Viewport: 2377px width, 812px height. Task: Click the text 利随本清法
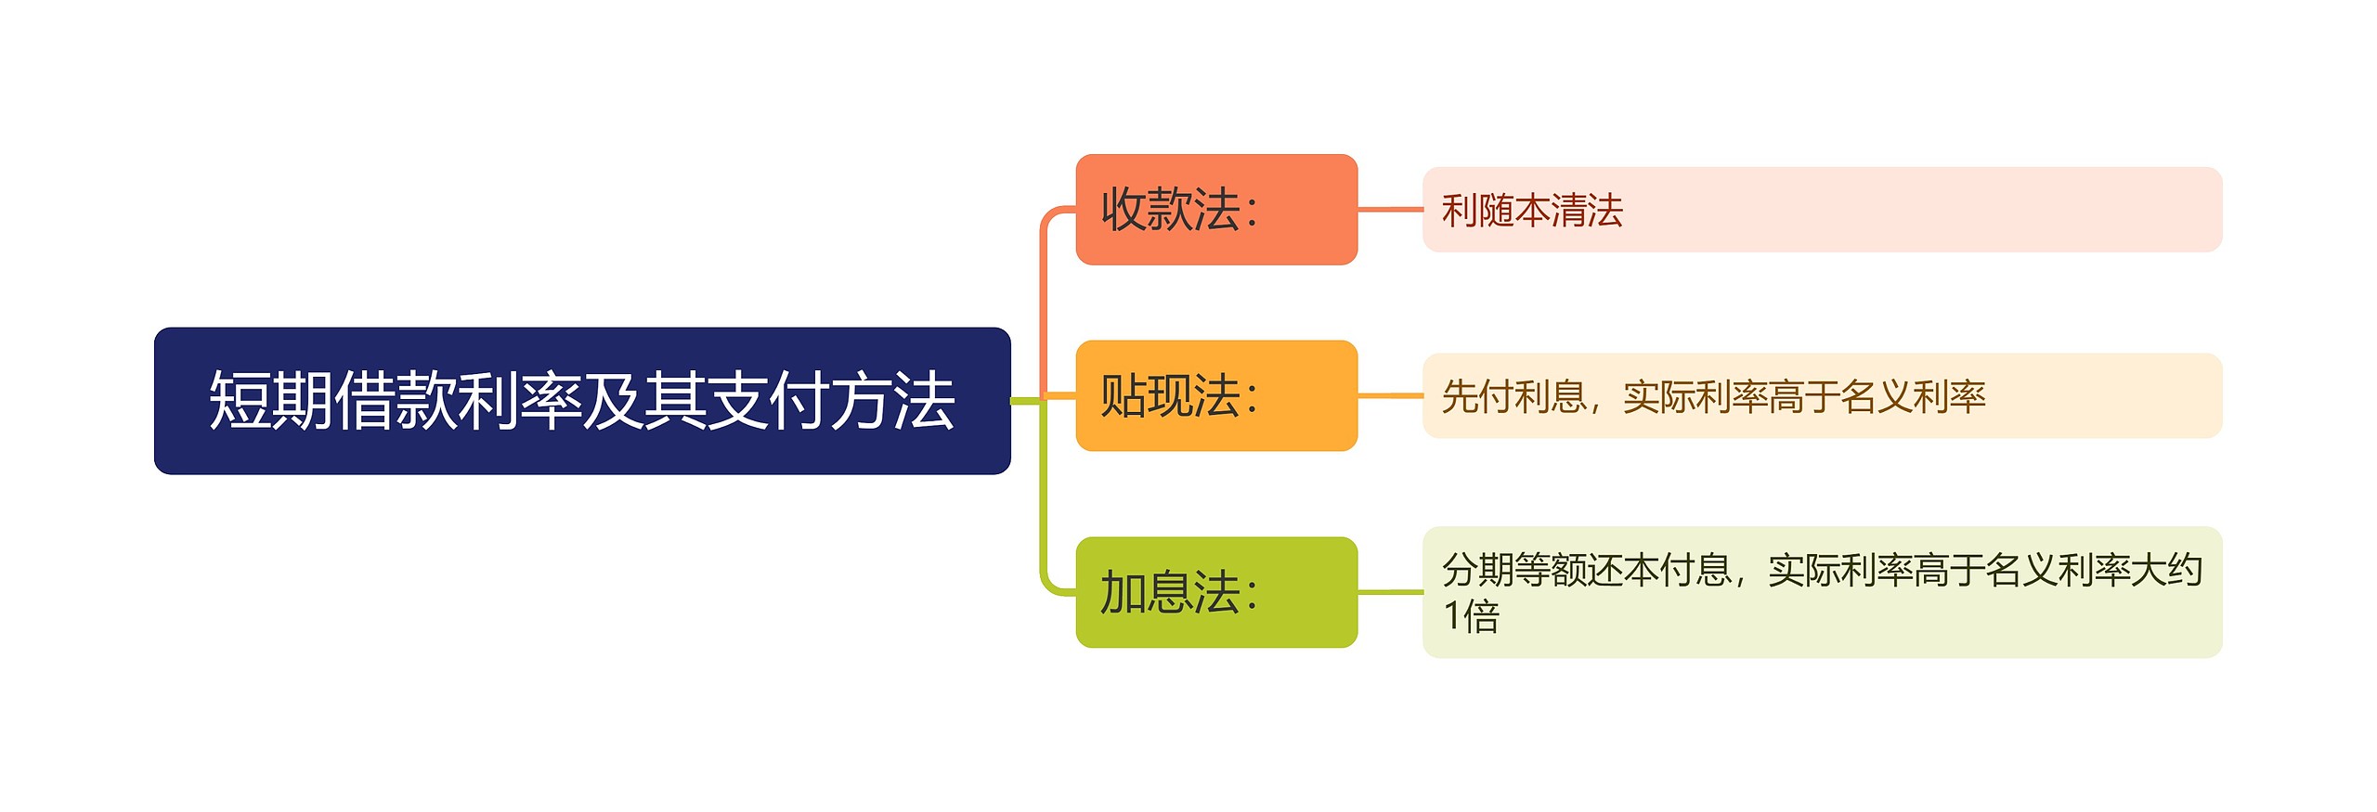click(1532, 211)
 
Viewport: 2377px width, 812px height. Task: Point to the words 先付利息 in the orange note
click(1513, 397)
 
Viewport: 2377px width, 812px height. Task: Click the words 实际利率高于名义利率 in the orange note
click(1803, 397)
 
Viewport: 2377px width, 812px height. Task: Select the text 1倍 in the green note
click(1471, 616)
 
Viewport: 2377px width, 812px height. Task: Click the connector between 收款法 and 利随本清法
click(1390, 210)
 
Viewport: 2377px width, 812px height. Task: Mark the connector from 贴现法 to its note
click(1390, 396)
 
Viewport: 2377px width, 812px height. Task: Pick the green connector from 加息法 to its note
click(1390, 592)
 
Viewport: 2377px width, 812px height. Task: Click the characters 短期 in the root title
click(270, 401)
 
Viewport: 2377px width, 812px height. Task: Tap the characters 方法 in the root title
click(892, 401)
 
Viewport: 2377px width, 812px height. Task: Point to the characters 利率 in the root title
click(519, 401)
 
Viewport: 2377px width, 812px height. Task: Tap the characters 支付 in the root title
click(768, 401)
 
